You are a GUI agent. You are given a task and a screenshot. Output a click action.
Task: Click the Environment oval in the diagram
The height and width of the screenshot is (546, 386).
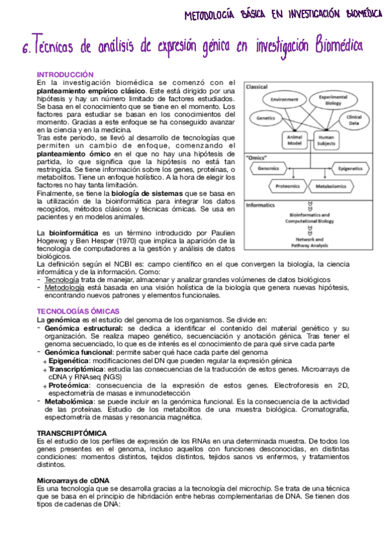(x=284, y=100)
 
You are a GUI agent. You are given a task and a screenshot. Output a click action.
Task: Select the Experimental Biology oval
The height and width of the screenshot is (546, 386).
(x=333, y=99)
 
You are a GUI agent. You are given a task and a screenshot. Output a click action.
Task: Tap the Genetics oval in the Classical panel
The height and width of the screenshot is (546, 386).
(x=266, y=118)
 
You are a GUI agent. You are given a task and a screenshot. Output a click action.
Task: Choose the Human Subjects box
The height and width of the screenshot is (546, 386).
(x=327, y=140)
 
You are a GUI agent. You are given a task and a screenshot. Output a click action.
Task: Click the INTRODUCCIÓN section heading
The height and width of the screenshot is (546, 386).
(x=65, y=75)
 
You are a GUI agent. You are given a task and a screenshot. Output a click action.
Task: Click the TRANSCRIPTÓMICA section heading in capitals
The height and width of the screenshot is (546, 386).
(x=72, y=433)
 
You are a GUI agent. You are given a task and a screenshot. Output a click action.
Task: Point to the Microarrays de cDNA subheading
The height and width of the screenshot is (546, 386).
(x=73, y=481)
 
